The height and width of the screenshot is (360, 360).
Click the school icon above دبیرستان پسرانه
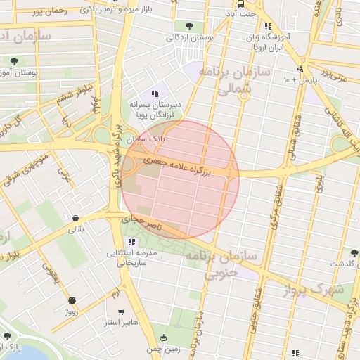[x=155, y=93]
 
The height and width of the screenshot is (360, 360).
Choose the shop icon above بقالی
[x=75, y=218]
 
